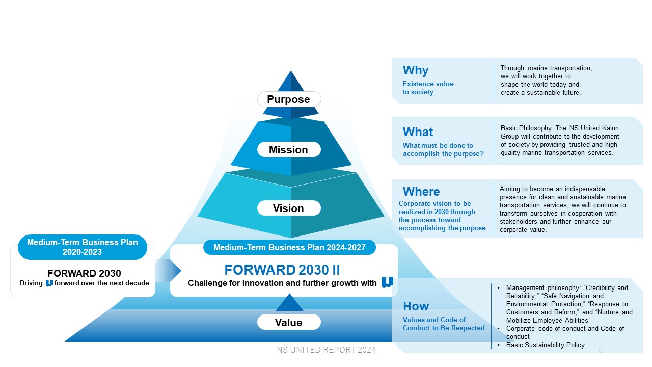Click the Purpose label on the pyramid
[x=289, y=99]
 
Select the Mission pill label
[x=289, y=150]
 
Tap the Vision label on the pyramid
[x=289, y=208]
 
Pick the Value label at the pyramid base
[x=289, y=322]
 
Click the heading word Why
[x=416, y=70]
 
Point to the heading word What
[x=418, y=132]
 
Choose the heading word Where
[x=421, y=192]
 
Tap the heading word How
[x=416, y=306]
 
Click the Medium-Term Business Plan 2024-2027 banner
[x=289, y=247]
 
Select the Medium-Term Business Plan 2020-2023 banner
[x=83, y=247]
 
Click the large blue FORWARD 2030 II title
[x=282, y=270]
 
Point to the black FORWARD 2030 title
[x=84, y=273]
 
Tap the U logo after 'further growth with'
[x=388, y=282]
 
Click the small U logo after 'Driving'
[x=49, y=283]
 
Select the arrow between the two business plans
[x=168, y=271]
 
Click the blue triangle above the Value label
[x=289, y=302]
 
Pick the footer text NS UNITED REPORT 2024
[x=326, y=350]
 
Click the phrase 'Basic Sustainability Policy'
[x=546, y=345]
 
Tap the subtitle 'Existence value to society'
[x=428, y=88]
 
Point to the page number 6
[x=600, y=350]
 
